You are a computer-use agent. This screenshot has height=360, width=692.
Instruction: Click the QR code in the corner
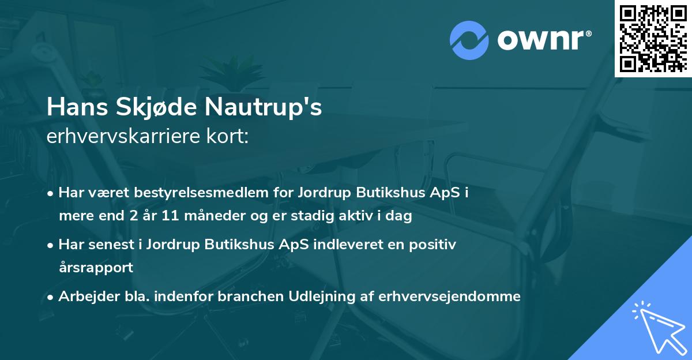pos(653,38)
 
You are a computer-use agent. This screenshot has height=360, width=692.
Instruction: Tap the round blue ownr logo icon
pos(469,40)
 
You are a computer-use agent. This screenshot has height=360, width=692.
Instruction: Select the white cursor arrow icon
pos(658,327)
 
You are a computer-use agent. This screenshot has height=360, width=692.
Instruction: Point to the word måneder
pos(197,216)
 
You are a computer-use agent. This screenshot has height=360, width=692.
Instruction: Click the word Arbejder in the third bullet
pos(85,297)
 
